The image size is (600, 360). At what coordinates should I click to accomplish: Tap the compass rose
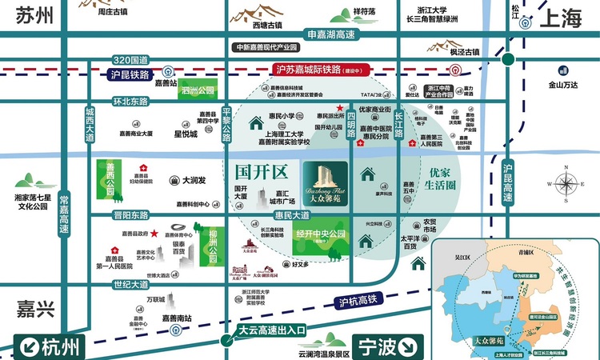(569, 183)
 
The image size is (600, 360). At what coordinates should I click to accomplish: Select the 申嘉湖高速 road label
(332, 35)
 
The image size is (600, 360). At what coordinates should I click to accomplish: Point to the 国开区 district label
(261, 171)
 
